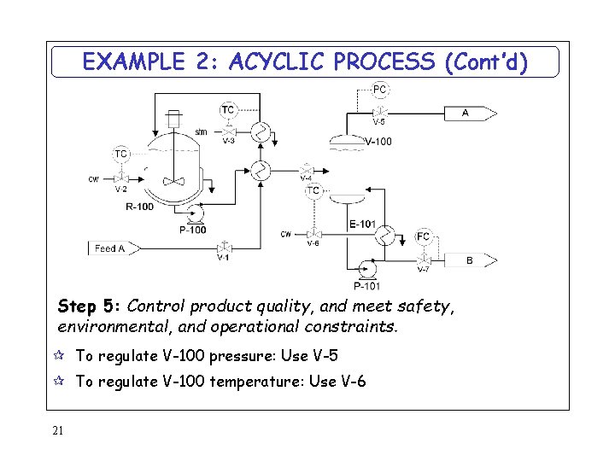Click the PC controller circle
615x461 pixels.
(x=380, y=89)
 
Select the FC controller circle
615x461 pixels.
(x=423, y=236)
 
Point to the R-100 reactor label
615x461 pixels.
(x=139, y=207)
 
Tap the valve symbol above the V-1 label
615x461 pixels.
(x=224, y=247)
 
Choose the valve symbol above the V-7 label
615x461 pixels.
(x=423, y=259)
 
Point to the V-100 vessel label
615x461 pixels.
(x=378, y=142)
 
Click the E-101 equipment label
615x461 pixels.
(x=362, y=225)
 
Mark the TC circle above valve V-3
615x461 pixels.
(x=228, y=109)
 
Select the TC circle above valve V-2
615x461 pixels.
(x=121, y=155)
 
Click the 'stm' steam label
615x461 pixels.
(x=200, y=131)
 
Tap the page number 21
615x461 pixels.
(x=57, y=430)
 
